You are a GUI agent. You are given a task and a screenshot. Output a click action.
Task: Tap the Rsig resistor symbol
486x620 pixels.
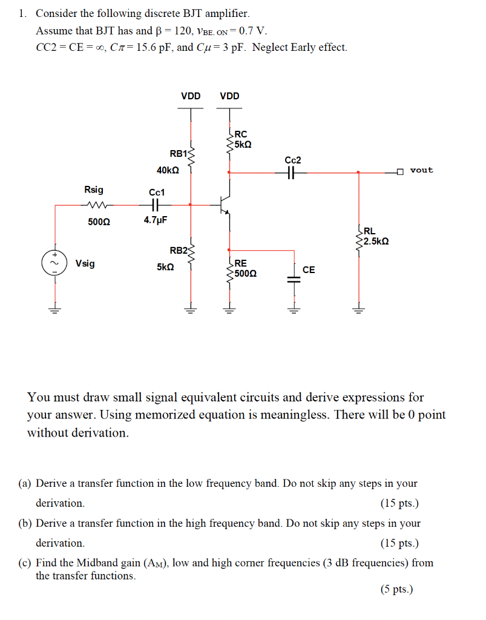(96, 205)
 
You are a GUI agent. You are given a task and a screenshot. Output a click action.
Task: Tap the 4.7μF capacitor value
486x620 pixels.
(155, 220)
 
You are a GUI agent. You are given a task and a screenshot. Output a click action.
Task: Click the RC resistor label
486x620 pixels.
(240, 134)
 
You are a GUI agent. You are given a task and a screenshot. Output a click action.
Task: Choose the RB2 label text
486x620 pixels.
(179, 250)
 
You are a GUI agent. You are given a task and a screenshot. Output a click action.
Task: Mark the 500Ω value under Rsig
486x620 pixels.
(99, 221)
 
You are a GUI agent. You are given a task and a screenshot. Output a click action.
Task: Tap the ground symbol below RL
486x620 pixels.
(359, 311)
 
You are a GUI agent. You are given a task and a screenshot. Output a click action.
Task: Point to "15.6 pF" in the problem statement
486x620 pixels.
(145, 47)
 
